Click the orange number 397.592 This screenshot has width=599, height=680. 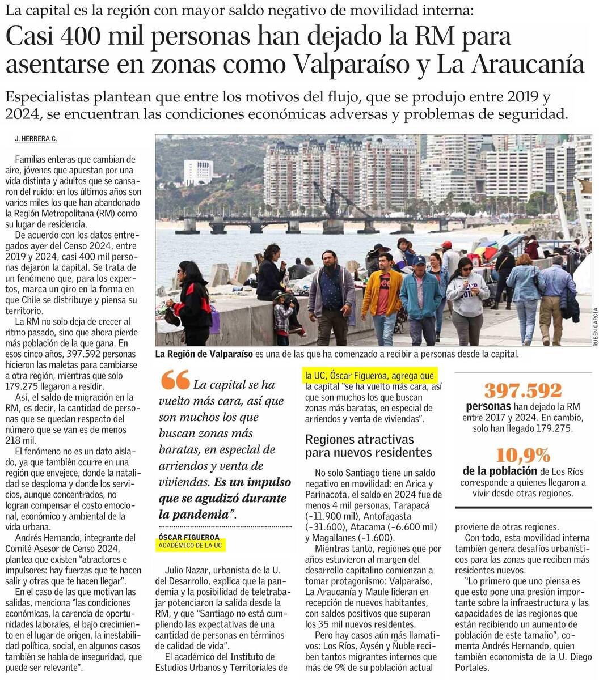point(522,390)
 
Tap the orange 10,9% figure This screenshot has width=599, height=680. point(522,455)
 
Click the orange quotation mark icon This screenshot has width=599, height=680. point(175,380)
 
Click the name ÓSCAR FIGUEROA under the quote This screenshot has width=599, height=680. point(189,537)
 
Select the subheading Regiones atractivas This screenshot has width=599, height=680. point(360,439)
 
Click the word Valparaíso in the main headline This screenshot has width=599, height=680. point(360,64)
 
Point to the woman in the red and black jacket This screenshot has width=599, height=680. point(193,306)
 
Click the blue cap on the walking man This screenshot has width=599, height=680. point(419,261)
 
